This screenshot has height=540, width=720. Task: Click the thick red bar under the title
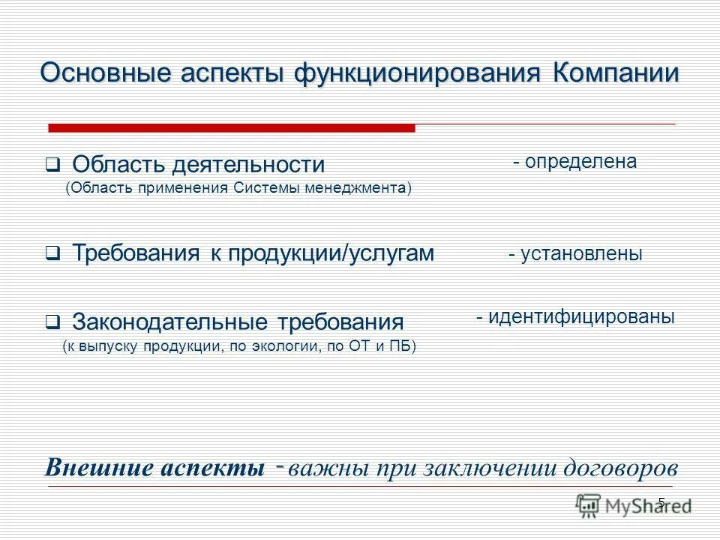point(232,128)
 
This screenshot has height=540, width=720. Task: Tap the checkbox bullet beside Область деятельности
point(52,163)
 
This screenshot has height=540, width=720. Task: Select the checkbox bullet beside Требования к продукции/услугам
point(52,254)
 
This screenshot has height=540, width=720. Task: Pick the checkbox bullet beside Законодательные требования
point(52,323)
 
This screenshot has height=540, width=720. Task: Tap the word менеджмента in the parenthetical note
point(358,187)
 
